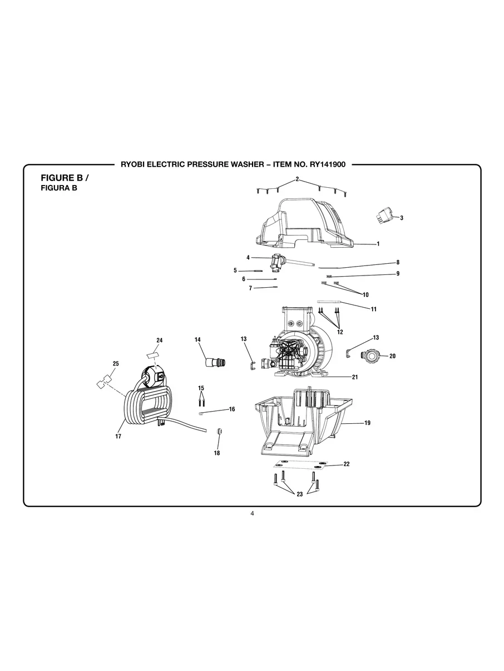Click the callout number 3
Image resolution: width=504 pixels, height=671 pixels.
point(402,218)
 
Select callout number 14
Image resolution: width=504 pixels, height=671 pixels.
point(197,339)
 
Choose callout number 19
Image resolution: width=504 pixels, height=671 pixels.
point(367,423)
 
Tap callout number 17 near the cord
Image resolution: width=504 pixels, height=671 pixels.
point(118,437)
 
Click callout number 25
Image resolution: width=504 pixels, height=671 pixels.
point(115,364)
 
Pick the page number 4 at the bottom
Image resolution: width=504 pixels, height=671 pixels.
point(252,514)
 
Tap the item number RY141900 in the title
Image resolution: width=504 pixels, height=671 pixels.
point(323,164)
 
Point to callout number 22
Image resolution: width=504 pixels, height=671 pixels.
point(346,464)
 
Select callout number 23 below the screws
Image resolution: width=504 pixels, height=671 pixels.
point(299,494)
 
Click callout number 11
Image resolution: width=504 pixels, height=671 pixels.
point(373,309)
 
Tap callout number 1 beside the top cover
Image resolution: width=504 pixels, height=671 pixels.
point(378,244)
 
